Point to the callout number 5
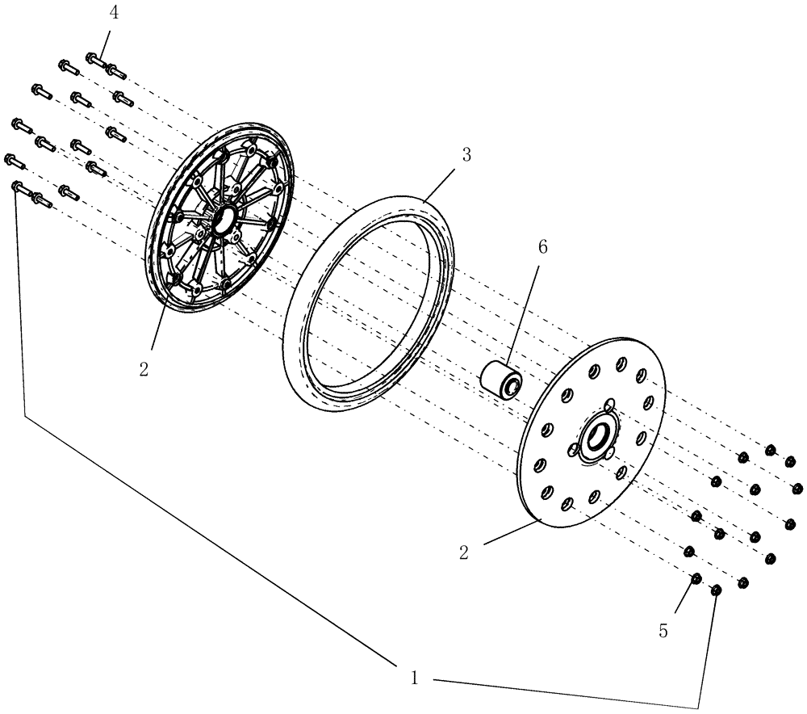[x=663, y=631]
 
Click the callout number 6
[x=541, y=247]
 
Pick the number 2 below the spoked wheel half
[x=144, y=369]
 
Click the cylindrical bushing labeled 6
[x=501, y=379]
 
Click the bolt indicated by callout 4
[x=94, y=60]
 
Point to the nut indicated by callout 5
[x=694, y=579]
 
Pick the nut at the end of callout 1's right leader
[x=715, y=591]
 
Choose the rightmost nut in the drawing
[x=798, y=488]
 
